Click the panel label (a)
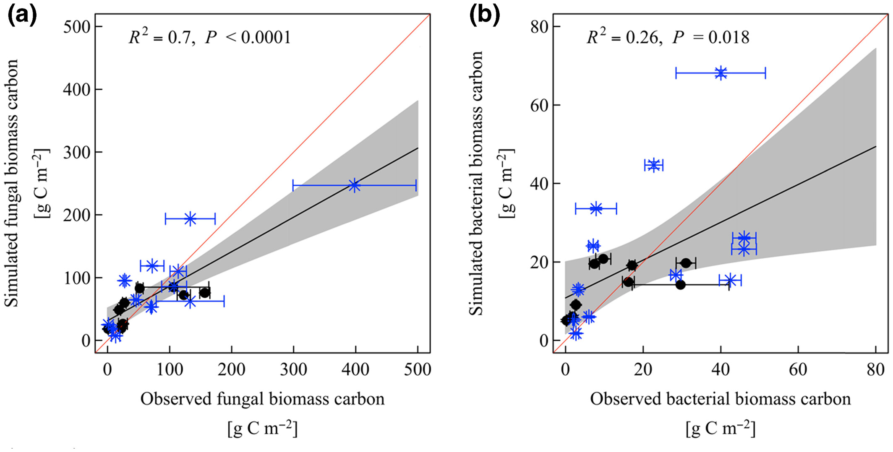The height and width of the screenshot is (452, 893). [x=22, y=16]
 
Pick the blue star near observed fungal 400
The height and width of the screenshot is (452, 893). [x=355, y=185]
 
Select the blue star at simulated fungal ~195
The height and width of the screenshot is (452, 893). [x=190, y=218]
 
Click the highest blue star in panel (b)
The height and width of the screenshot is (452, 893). [x=721, y=73]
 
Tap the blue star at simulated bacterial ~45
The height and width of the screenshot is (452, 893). [x=653, y=165]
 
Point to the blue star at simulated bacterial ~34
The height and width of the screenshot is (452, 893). [x=596, y=208]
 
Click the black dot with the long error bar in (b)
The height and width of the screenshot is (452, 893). [x=681, y=285]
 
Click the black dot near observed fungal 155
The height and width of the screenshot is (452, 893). [x=204, y=293]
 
